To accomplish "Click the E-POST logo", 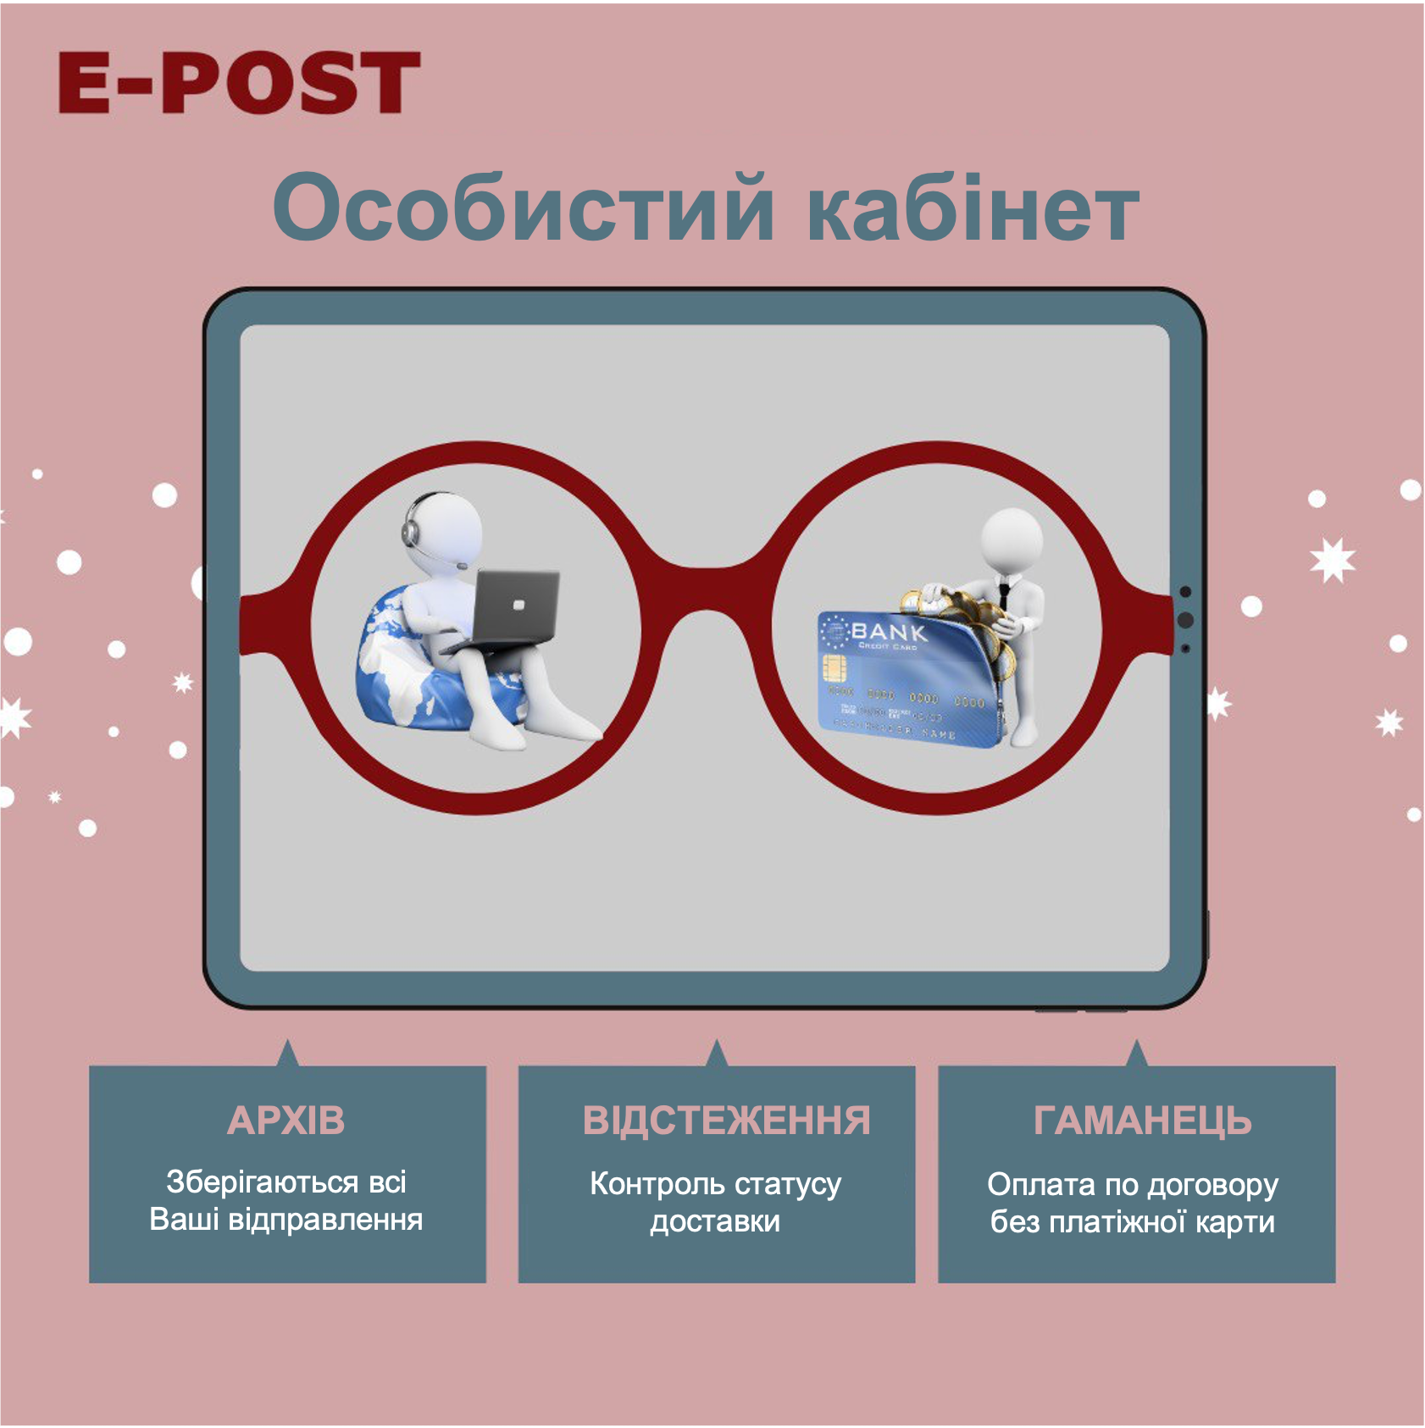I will [238, 82].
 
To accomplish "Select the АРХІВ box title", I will [286, 1121].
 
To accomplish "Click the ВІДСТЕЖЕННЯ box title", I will [726, 1121].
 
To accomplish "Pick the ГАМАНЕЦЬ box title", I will [1141, 1121].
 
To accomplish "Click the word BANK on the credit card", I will [888, 631].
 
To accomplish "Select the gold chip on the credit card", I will [834, 671].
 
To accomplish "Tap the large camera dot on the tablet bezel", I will [1185, 620].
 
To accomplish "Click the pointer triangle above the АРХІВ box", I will [288, 1054].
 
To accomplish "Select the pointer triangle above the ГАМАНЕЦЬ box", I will [1137, 1054].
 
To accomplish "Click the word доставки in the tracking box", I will [714, 1222].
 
